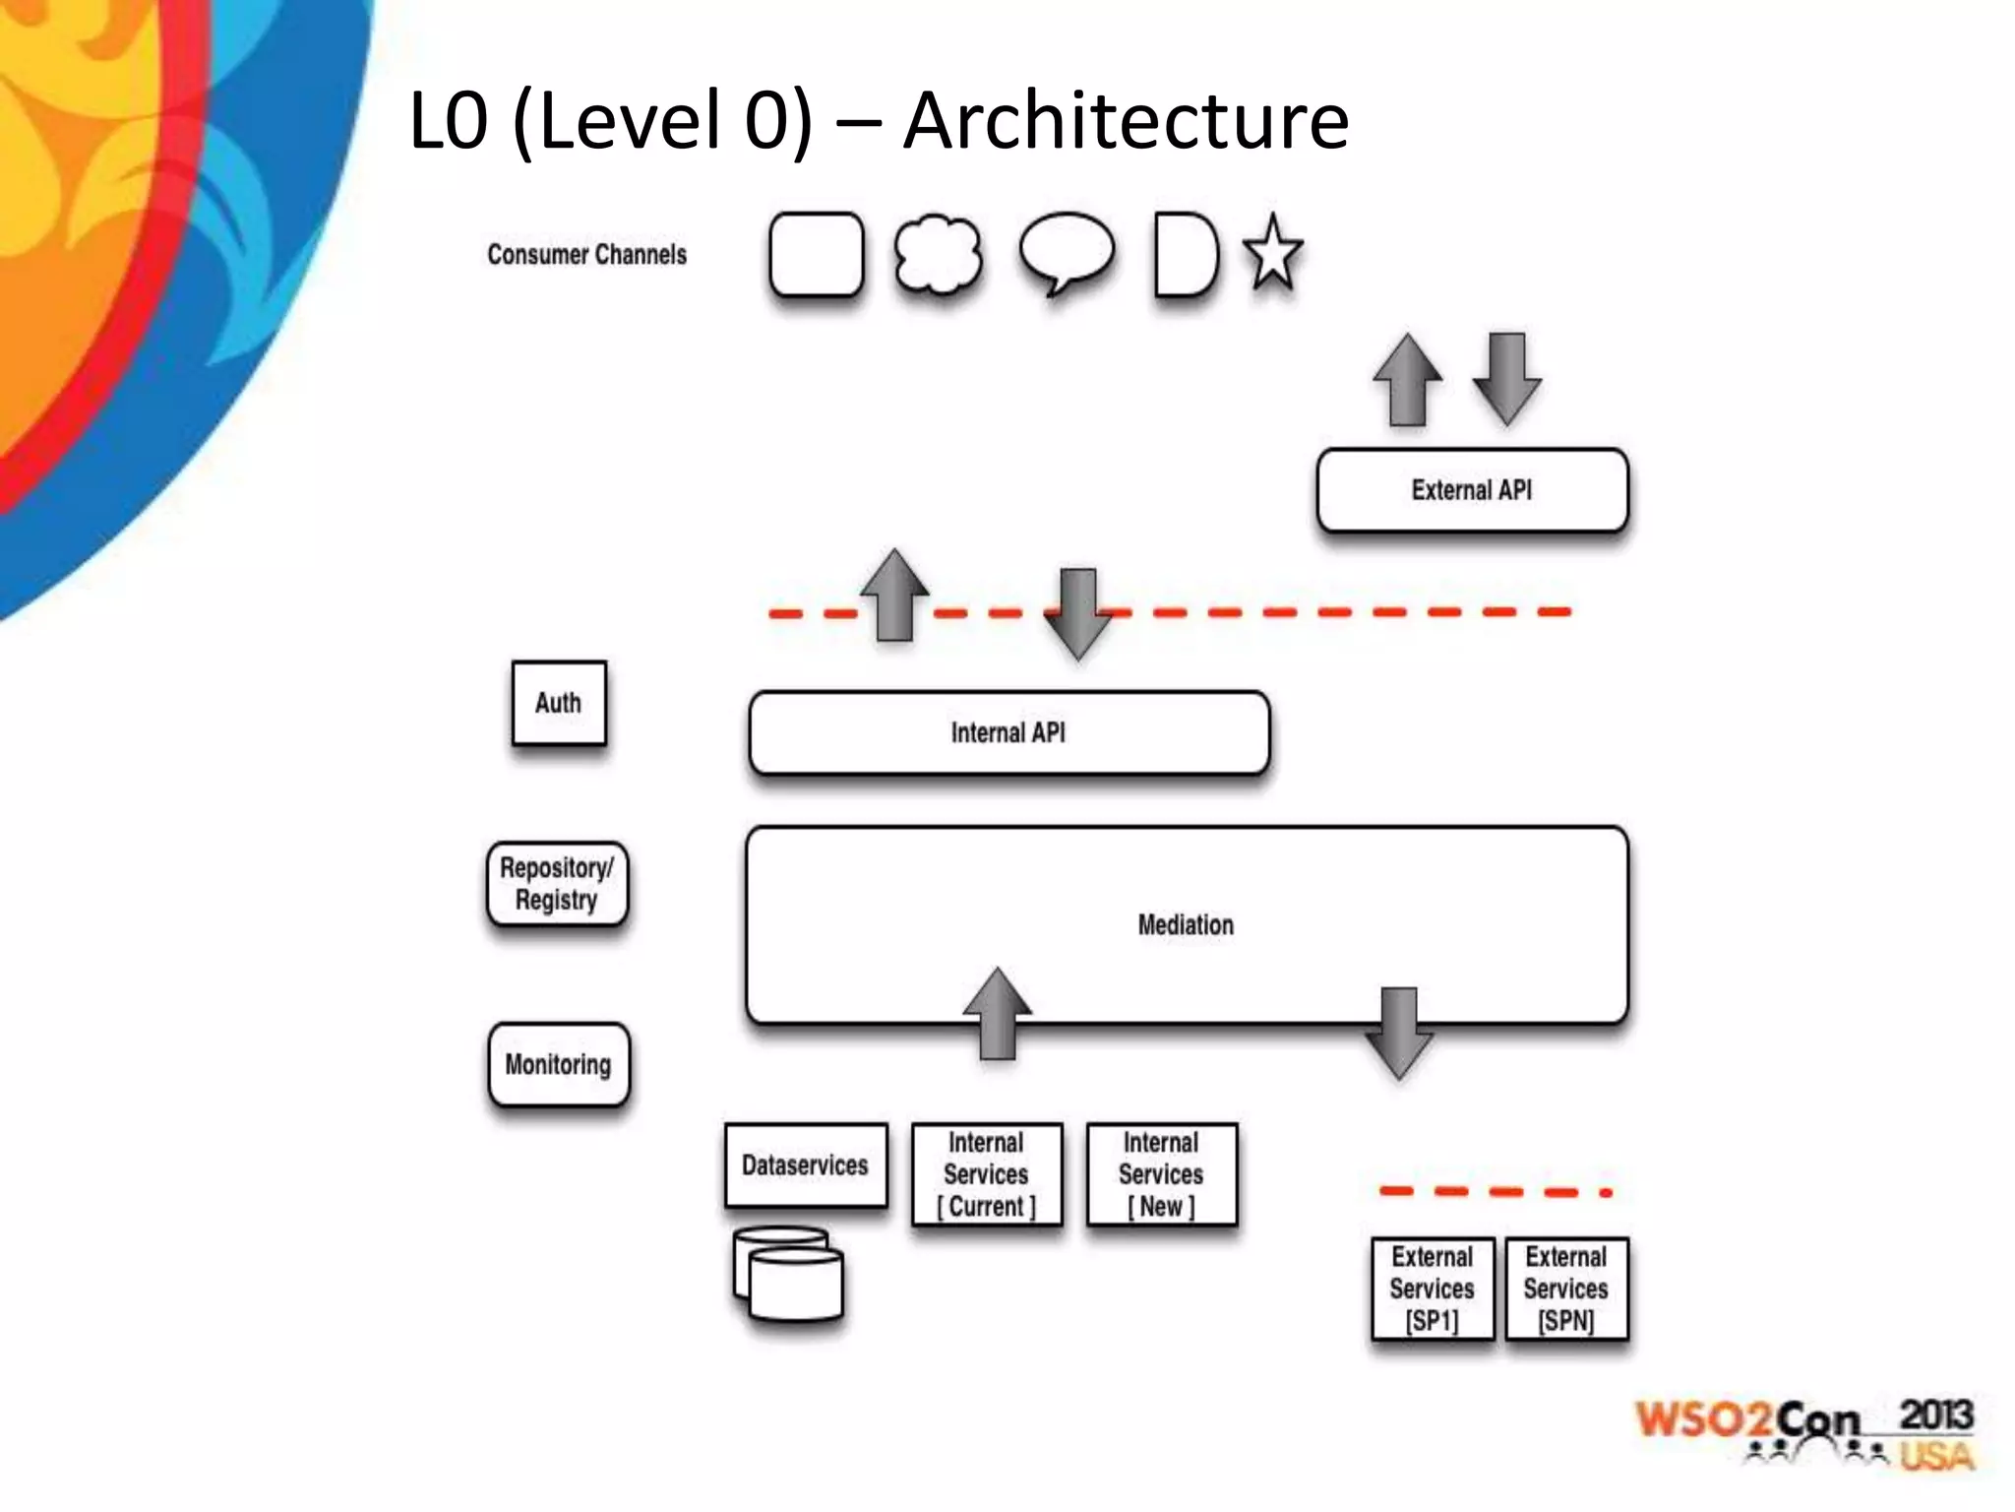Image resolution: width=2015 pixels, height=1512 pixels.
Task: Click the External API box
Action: pos(1472,490)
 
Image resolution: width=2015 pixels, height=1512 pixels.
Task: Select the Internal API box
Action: pos(1008,733)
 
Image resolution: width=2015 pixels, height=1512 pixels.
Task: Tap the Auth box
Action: pos(559,703)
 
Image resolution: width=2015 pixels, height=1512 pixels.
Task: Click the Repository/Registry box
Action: pos(557,884)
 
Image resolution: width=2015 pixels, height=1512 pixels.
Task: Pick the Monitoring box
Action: pos(559,1065)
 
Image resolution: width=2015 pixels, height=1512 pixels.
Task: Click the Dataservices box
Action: pos(805,1165)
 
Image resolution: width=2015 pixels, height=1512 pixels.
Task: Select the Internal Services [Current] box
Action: pos(987,1174)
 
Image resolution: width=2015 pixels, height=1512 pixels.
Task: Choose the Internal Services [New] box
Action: pos(1161,1174)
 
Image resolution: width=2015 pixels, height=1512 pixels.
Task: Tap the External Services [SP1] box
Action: pos(1433,1289)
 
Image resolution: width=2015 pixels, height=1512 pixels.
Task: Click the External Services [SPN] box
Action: pos(1566,1289)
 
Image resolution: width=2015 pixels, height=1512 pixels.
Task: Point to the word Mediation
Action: pos(1186,925)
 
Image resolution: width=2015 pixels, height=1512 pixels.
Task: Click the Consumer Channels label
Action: pos(587,255)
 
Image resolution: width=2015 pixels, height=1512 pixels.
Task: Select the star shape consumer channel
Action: pos(1273,255)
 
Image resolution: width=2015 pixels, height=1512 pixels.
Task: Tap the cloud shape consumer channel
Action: pos(938,255)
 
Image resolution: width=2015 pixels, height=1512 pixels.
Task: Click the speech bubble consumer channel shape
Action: pos(1067,251)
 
